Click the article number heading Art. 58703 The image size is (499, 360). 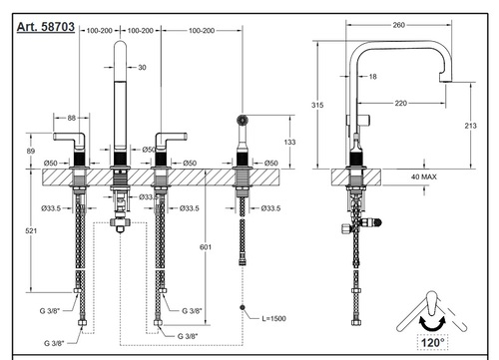46,27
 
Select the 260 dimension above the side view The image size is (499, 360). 398,25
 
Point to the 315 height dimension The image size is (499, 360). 317,105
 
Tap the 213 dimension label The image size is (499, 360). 470,126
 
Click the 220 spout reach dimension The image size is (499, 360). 401,104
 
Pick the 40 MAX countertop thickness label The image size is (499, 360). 424,177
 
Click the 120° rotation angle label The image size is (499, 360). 432,342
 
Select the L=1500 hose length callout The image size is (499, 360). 273,318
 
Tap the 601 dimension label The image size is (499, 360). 206,247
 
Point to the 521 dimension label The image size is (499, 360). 31,230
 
